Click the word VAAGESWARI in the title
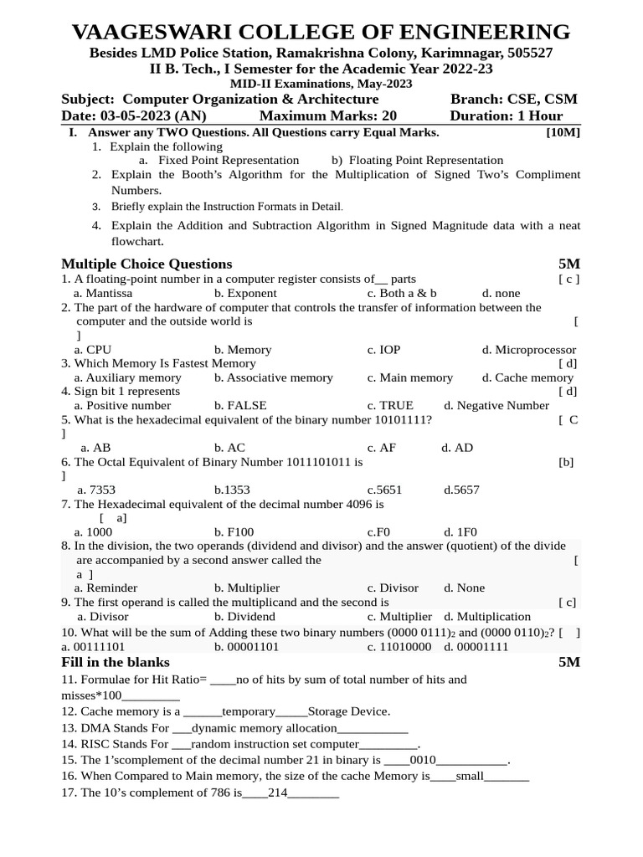tap(141, 33)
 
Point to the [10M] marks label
tap(563, 132)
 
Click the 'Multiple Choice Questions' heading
tap(147, 264)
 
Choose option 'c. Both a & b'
tap(402, 293)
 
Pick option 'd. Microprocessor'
tap(528, 349)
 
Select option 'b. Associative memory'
tap(273, 377)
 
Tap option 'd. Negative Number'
tap(496, 405)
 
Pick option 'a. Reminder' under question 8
tap(105, 588)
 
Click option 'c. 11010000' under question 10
tap(399, 646)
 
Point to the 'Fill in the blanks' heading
tap(116, 662)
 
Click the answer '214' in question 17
tap(277, 792)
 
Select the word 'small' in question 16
tap(470, 776)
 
